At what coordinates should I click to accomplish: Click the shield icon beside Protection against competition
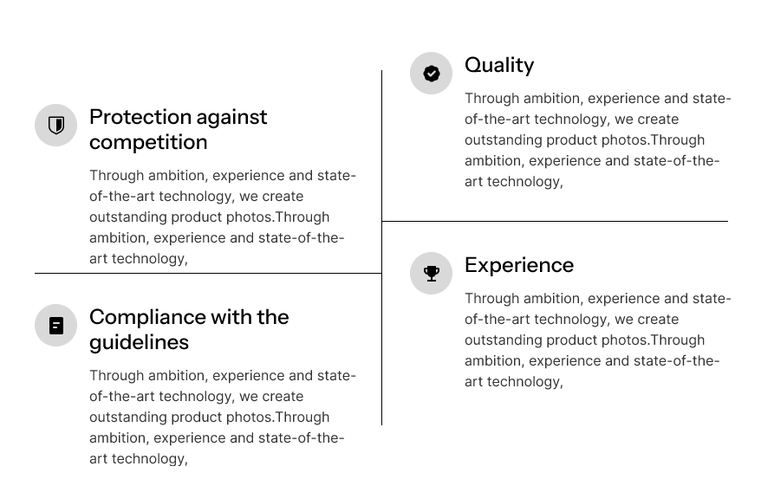(56, 126)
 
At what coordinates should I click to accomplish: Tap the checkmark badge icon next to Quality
(432, 74)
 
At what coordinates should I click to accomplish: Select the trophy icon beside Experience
(432, 273)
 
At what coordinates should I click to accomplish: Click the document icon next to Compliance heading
(56, 326)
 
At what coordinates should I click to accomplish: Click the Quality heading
(499, 65)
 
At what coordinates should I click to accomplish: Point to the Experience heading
(519, 265)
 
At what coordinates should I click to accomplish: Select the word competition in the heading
(148, 142)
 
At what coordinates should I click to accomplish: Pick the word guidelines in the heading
(140, 342)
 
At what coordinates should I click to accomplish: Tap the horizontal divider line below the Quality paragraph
(555, 221)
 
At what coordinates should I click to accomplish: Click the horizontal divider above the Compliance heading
(208, 273)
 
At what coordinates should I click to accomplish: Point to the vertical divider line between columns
(382, 248)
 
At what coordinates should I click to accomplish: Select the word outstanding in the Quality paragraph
(504, 140)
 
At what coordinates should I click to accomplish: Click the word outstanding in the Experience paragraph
(504, 340)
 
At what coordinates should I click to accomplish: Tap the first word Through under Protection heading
(116, 176)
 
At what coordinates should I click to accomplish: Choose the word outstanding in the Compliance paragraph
(128, 418)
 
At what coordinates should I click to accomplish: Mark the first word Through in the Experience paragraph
(491, 298)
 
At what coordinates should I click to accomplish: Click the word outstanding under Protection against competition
(128, 217)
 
